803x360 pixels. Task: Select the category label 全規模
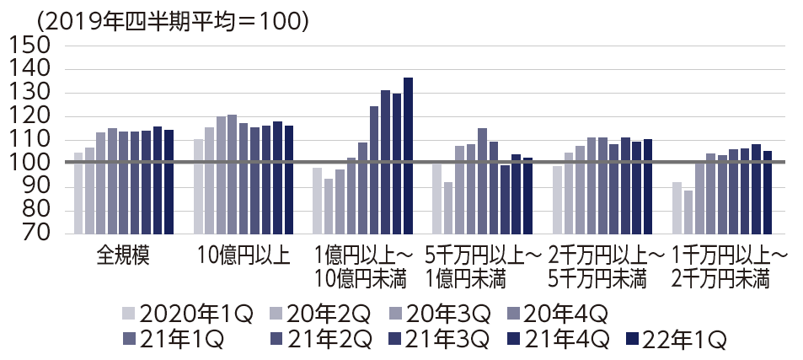pyautogui.click(x=124, y=255)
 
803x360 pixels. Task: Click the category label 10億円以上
pyautogui.click(x=244, y=255)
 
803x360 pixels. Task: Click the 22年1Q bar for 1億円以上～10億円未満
pyautogui.click(x=408, y=156)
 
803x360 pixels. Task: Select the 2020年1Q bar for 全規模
pyautogui.click(x=78, y=193)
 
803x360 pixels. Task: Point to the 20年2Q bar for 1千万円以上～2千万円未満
pyautogui.click(x=688, y=212)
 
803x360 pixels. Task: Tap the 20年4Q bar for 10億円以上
pyautogui.click(x=232, y=174)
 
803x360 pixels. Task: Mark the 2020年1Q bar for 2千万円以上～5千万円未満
pyautogui.click(x=557, y=200)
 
